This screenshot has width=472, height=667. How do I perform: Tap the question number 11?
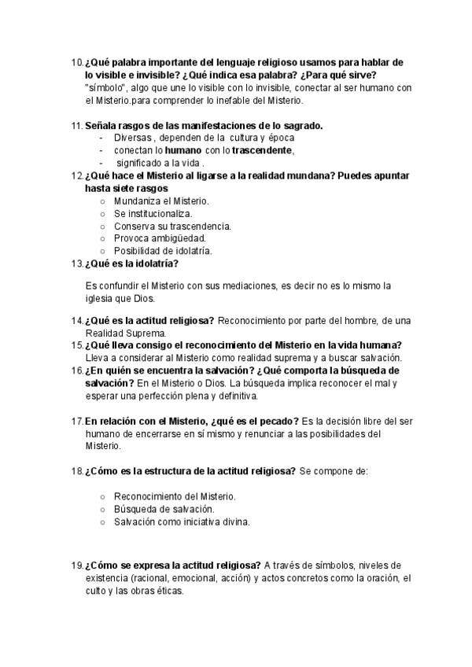pos(76,125)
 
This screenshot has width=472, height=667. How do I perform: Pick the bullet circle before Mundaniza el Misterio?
pos(103,201)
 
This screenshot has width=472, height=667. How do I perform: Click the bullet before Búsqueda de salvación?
pos(103,509)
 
